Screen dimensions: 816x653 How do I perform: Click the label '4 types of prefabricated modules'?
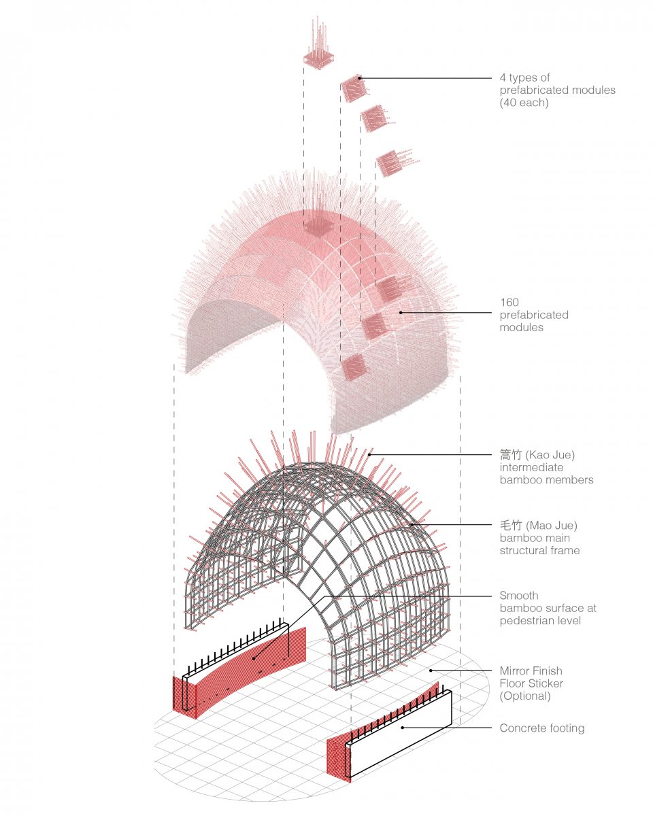[x=557, y=84]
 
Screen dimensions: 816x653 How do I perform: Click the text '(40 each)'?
[x=524, y=103]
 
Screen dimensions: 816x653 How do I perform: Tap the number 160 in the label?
[x=509, y=302]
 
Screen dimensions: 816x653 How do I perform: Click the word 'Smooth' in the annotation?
[x=519, y=596]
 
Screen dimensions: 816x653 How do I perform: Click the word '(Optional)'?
[x=525, y=696]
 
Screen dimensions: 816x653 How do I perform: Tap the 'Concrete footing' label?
[x=542, y=728]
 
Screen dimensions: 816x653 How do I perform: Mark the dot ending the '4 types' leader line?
[x=361, y=78]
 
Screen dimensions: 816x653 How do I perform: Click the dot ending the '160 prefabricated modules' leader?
[x=401, y=313]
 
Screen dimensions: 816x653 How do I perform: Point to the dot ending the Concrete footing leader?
[x=402, y=728]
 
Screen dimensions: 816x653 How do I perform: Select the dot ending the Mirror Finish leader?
[x=431, y=670]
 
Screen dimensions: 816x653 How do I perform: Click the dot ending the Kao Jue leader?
[x=370, y=454]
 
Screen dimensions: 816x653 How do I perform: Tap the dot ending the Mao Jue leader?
[x=412, y=525]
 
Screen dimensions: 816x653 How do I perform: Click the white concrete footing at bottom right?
[x=401, y=738]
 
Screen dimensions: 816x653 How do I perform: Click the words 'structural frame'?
[x=540, y=550]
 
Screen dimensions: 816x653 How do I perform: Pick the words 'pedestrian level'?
[x=540, y=621]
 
